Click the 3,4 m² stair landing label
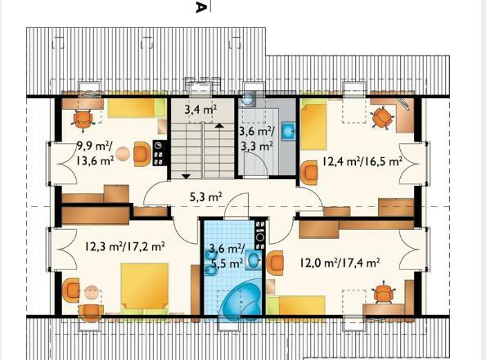pos(200,110)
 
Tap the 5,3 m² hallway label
pos(206,196)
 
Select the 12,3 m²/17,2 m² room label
pos(124,246)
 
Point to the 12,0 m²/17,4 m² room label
pos(340,263)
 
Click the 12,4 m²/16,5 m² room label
pos(362,161)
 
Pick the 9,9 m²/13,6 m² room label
pos(95,154)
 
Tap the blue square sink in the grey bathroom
pos(289,132)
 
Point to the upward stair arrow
pos(219,125)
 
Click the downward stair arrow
pos(186,177)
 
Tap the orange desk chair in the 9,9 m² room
pos(83,119)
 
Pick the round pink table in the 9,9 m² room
pos(123,154)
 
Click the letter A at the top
pos(200,7)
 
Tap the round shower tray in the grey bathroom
pos(247,99)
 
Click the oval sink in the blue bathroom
pos(254,261)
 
